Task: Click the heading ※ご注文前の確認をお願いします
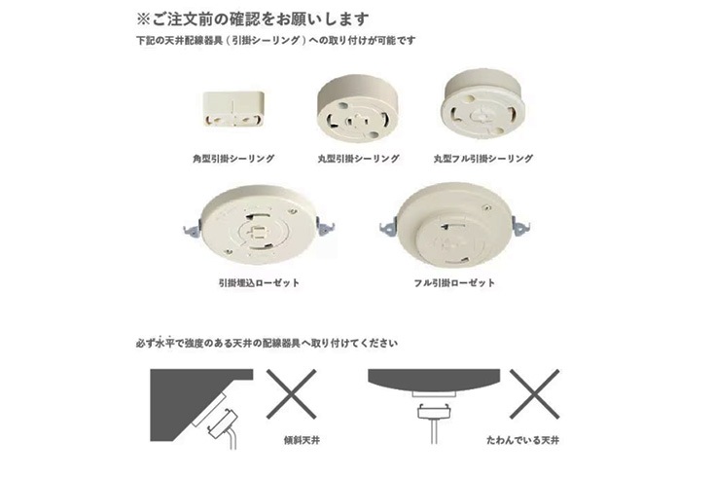click(x=252, y=19)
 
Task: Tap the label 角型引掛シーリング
click(x=233, y=159)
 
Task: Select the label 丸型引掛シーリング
click(x=358, y=159)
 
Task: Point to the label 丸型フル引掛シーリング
click(x=482, y=159)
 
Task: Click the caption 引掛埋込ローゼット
click(x=259, y=282)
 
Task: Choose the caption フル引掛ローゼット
click(x=454, y=282)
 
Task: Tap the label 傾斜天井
click(x=302, y=440)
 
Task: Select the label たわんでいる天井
click(x=522, y=440)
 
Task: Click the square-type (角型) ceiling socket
click(x=233, y=109)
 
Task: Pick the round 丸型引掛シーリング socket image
click(x=357, y=109)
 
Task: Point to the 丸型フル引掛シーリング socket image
click(x=482, y=104)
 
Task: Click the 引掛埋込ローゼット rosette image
click(x=259, y=224)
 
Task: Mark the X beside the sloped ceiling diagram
click(x=292, y=394)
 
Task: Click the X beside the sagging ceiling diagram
click(x=535, y=394)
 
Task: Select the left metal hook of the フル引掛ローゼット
click(x=387, y=226)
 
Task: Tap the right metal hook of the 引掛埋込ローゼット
click(x=326, y=226)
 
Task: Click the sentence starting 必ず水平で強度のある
click(x=267, y=343)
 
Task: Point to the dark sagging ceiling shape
click(x=434, y=379)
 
